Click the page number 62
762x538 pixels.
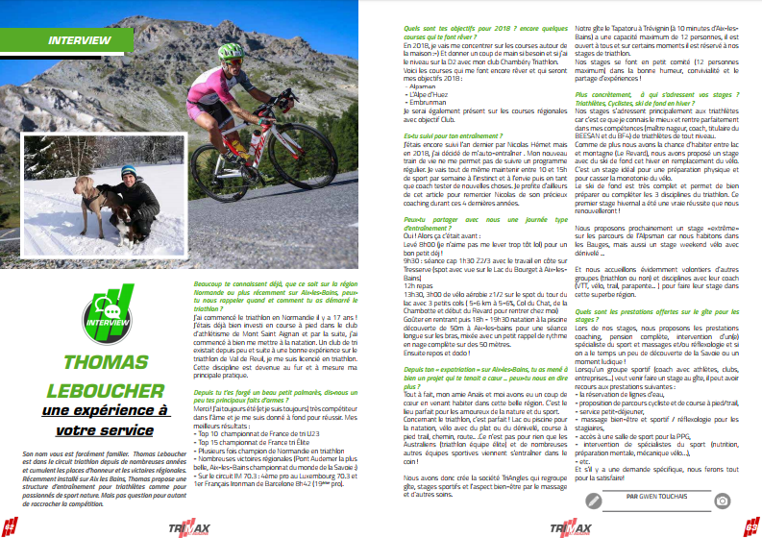pyautogui.click(x=9, y=527)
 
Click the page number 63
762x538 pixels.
pyautogui.click(x=751, y=527)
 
